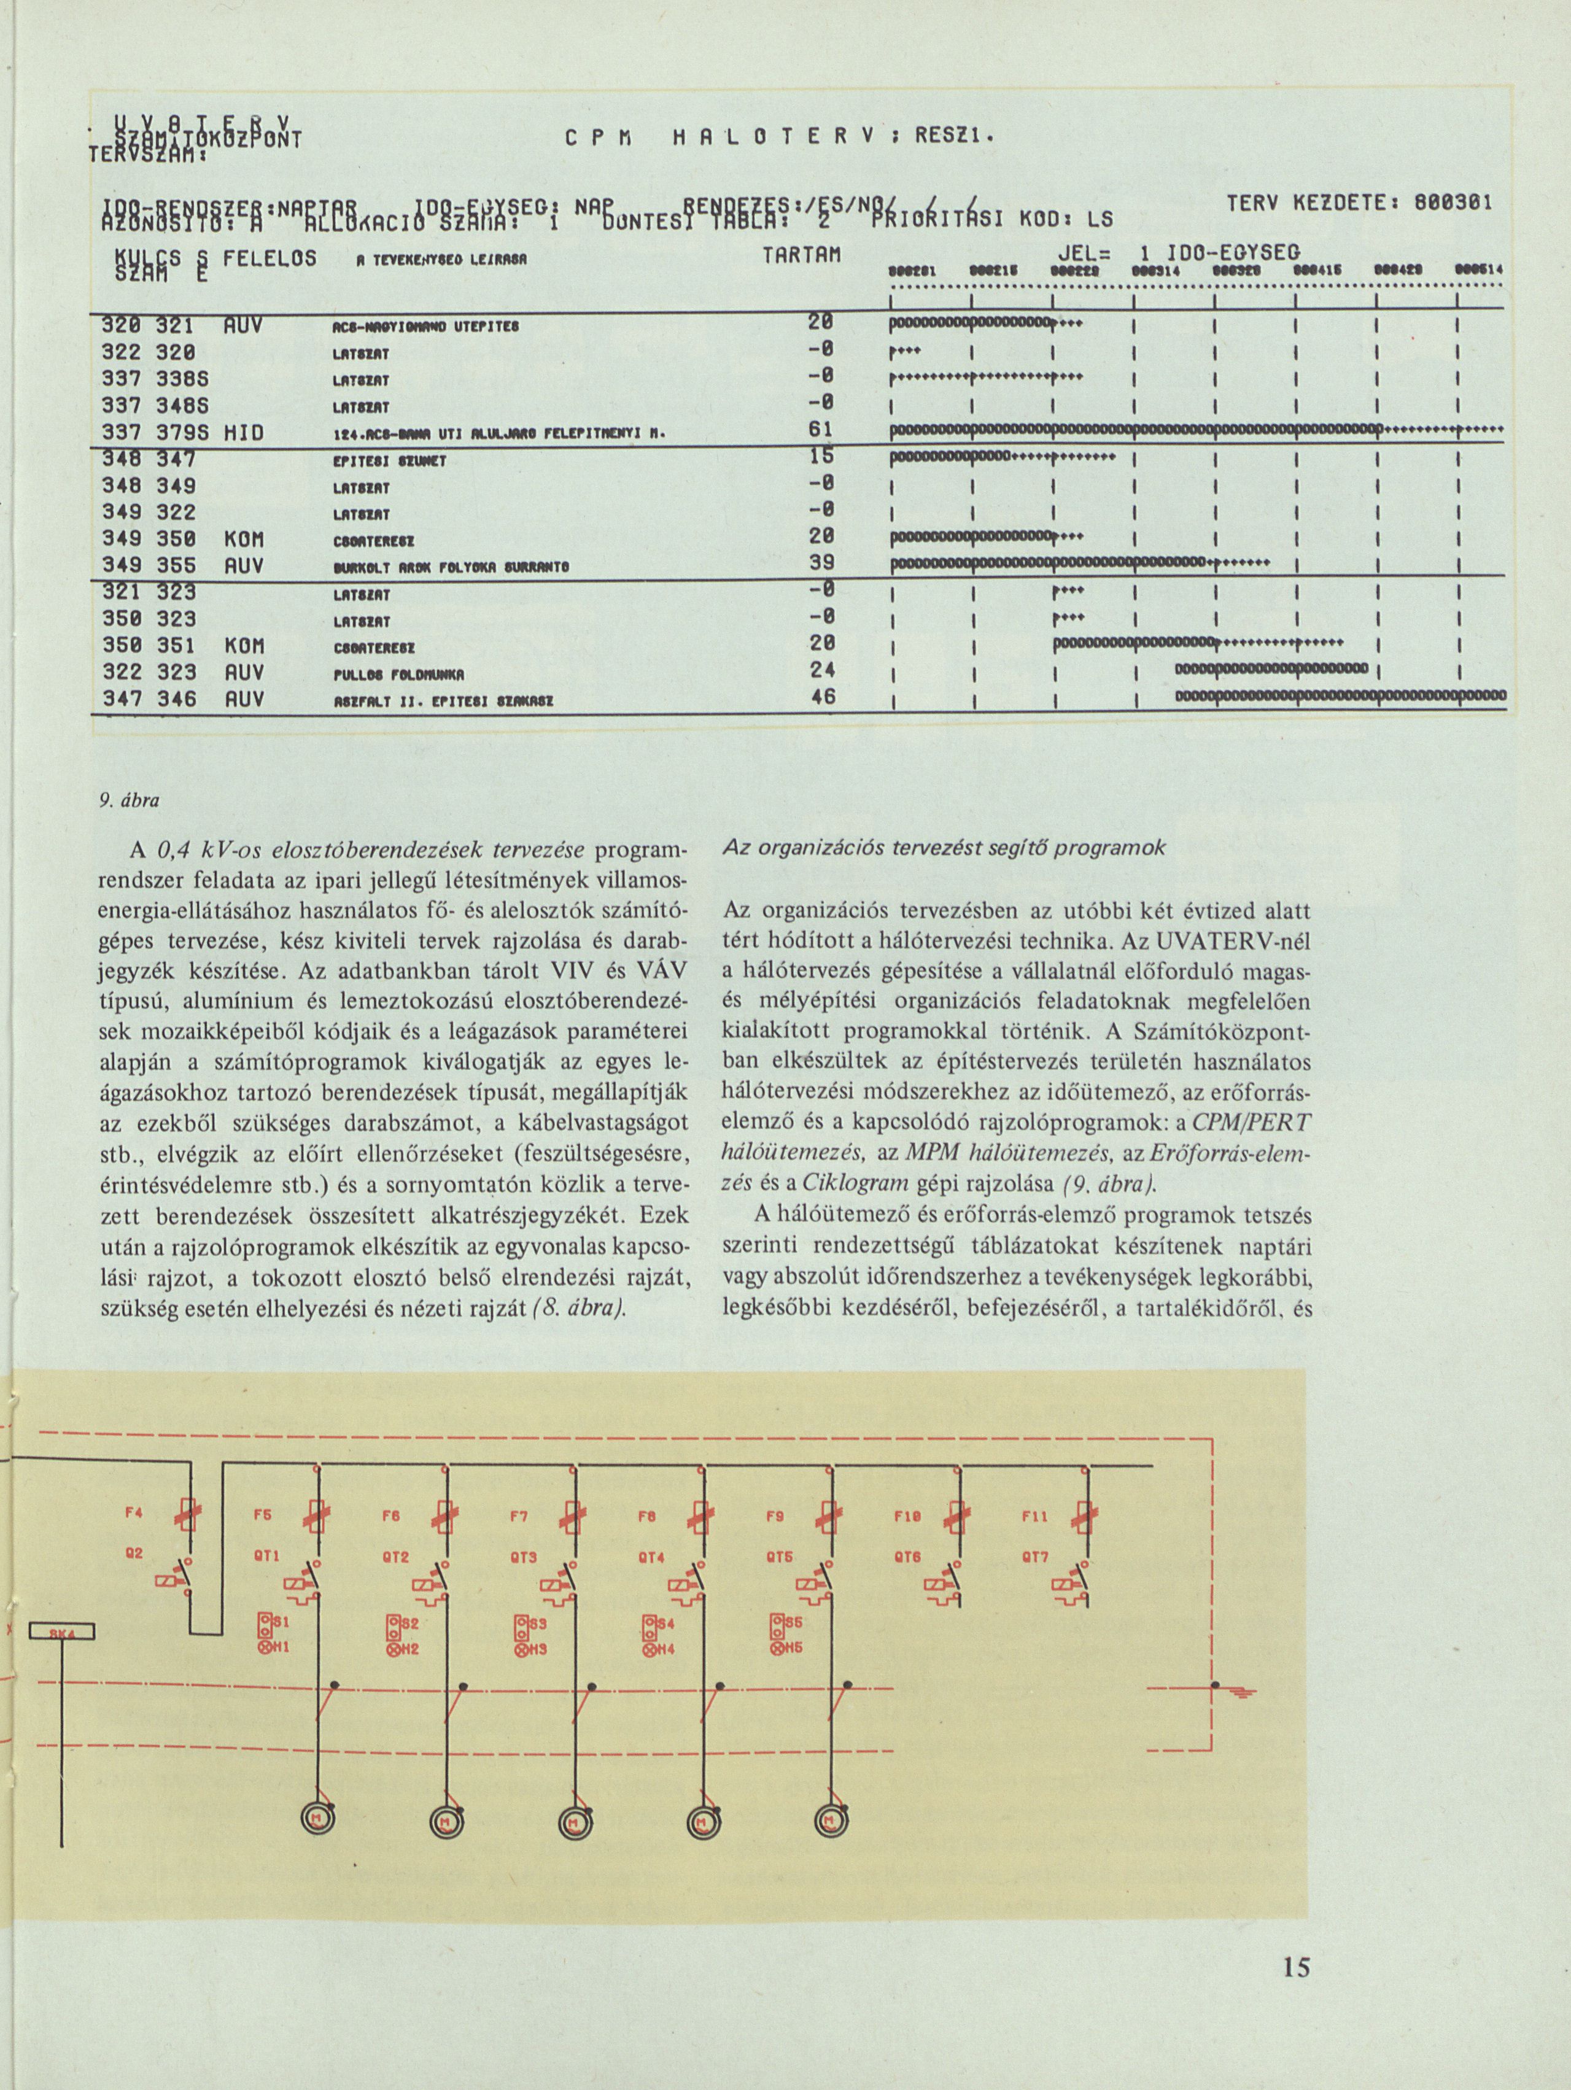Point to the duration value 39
(820, 563)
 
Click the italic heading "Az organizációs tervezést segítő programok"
(944, 848)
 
